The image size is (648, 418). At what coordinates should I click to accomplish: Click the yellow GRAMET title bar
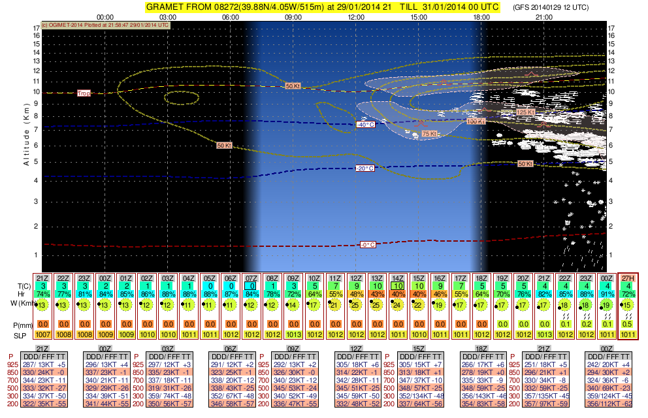[x=323, y=7]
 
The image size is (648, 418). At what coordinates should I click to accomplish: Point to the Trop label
[x=84, y=93]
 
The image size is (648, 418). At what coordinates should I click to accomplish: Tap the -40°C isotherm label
[x=364, y=125]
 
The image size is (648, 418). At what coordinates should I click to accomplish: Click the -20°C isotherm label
[x=364, y=169]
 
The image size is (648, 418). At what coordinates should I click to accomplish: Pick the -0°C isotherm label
[x=368, y=245]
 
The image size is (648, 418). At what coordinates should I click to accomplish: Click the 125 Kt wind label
[x=525, y=112]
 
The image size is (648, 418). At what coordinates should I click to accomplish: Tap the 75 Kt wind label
[x=429, y=133]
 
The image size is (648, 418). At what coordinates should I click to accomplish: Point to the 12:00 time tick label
[x=355, y=18]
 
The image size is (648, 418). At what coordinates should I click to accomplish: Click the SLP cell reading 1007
[x=42, y=335]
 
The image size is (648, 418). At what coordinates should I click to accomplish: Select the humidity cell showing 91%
[x=607, y=294]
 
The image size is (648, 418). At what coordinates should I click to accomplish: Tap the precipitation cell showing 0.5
[x=628, y=324]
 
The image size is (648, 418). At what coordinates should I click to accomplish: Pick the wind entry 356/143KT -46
[x=484, y=396]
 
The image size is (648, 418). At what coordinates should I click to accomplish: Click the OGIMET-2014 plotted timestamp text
[x=105, y=25]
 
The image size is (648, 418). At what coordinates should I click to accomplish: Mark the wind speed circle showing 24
[x=397, y=304]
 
